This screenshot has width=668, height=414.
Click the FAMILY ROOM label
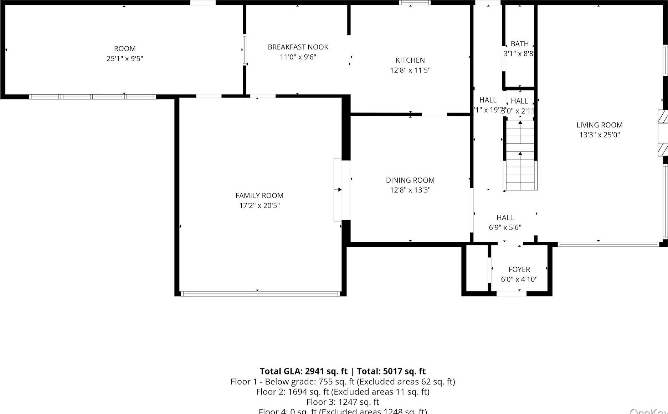pos(259,195)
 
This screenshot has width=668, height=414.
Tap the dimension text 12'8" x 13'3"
pos(410,190)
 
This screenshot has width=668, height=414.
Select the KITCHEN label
pos(410,60)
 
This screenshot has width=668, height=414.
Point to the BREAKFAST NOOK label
pos(298,47)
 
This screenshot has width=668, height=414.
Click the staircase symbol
pos(520,156)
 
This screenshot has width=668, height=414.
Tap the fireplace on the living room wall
pos(663,133)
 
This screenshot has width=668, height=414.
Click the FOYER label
pos(519,269)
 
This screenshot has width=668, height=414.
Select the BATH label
pos(519,44)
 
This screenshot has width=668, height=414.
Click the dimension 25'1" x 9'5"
pos(124,59)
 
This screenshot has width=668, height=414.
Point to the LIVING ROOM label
pos(599,125)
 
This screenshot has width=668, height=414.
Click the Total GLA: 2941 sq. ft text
pos(303,371)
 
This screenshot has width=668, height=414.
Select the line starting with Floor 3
pos(343,402)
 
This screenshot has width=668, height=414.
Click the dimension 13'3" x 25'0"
pos(599,135)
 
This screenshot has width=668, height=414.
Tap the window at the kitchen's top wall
pos(415,3)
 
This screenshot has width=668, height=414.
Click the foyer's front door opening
pos(511,294)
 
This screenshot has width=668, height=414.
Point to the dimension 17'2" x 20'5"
pos(259,205)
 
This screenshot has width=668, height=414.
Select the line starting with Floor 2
pos(343,392)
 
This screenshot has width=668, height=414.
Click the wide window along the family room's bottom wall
pos(260,294)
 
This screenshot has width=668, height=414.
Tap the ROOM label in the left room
pos(124,49)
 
